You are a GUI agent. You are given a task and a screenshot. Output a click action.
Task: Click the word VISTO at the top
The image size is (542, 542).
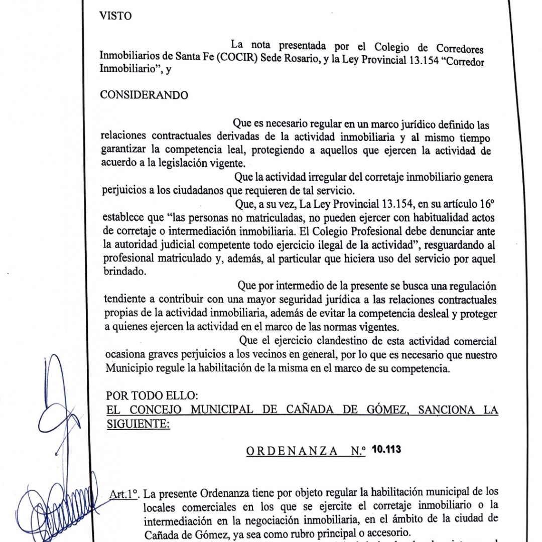click(116, 16)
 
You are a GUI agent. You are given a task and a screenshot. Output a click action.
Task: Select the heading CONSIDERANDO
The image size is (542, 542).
click(145, 95)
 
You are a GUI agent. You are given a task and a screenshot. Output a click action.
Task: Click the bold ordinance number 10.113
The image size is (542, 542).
click(386, 449)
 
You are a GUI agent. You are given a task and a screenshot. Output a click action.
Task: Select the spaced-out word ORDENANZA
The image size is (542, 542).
click(292, 451)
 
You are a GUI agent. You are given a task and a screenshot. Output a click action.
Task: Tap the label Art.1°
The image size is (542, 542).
click(123, 493)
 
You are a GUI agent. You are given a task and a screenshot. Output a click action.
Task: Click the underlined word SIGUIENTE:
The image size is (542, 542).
click(139, 424)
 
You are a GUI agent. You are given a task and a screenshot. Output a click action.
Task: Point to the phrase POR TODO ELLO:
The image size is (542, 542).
click(143, 395)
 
